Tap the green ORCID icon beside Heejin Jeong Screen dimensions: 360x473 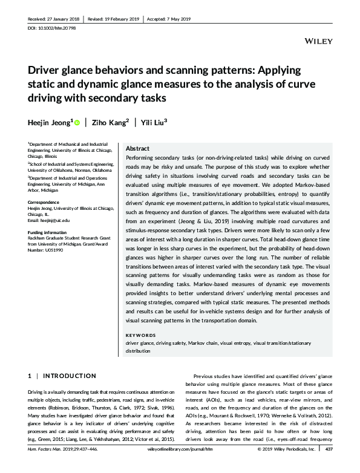[77, 122]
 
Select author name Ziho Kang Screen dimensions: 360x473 [111, 122]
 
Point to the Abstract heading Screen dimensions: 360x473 [137, 149]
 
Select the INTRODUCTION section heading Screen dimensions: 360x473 [70, 376]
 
